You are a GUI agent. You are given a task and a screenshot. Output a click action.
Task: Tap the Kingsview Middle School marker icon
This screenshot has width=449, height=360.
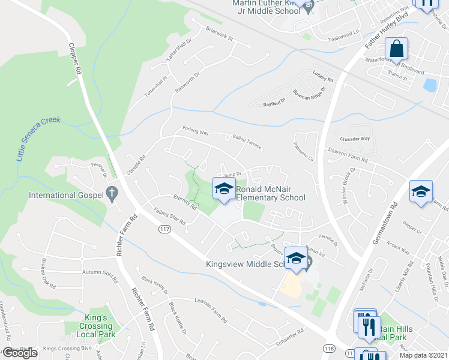296,258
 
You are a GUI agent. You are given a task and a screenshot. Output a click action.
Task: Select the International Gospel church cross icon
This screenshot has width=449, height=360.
110,193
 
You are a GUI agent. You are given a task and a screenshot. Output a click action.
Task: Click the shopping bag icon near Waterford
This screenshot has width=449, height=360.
396,49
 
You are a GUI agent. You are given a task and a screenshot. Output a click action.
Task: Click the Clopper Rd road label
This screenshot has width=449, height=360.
75,58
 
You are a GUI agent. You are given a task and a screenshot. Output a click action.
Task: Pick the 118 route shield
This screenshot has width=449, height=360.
329,349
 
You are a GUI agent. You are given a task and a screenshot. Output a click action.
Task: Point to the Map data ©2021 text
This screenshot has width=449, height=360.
423,355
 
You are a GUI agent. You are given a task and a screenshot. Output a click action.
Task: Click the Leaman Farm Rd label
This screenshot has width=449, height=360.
210,304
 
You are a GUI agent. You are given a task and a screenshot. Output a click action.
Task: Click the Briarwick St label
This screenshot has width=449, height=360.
218,32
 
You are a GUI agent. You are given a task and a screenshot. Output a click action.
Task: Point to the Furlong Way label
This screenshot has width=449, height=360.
195,131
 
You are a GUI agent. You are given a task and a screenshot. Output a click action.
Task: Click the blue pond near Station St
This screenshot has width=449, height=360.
430,85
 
